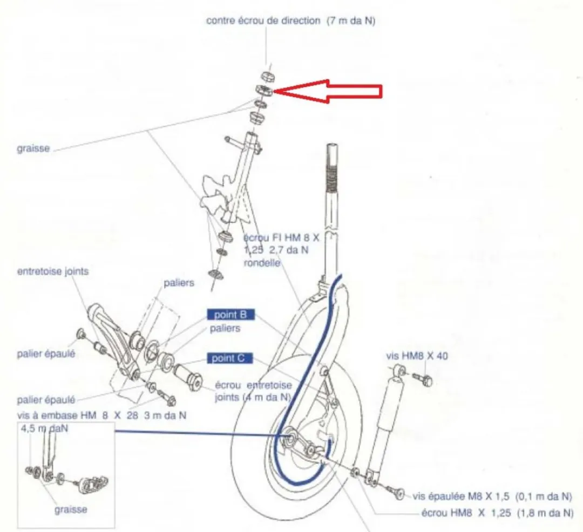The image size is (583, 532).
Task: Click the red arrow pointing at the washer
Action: (328, 91)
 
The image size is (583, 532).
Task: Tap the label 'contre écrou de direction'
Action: (263, 21)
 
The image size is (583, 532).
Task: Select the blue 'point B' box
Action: (231, 315)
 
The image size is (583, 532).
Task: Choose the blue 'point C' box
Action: (230, 358)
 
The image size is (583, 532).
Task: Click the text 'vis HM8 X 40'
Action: (417, 356)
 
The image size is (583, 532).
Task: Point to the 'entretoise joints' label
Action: (53, 271)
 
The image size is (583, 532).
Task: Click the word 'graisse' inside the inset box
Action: (71, 509)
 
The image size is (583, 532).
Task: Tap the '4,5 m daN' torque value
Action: (45, 428)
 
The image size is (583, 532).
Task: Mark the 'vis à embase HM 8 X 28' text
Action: (78, 415)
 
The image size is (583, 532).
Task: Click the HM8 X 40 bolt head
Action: (427, 380)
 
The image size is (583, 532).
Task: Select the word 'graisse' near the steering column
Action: (33, 148)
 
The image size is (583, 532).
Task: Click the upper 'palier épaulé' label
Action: (46, 353)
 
